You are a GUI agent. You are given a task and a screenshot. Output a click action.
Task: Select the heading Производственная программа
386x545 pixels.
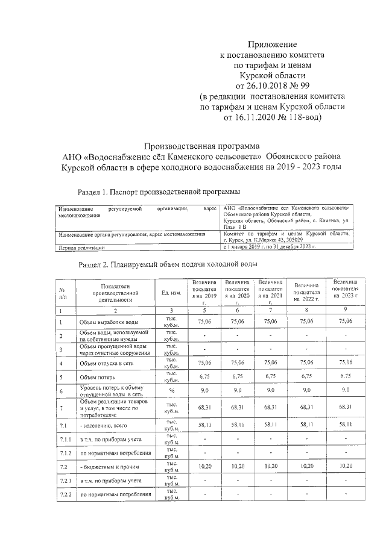[x=204, y=146]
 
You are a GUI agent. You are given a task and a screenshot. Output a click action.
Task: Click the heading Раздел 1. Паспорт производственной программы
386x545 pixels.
[x=159, y=192]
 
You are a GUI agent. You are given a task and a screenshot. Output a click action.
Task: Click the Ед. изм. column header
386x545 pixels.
[x=171, y=293]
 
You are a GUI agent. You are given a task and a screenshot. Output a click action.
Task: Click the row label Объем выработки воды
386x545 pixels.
[x=109, y=322]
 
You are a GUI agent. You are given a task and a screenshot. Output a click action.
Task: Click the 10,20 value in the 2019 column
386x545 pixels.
[x=204, y=466]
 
